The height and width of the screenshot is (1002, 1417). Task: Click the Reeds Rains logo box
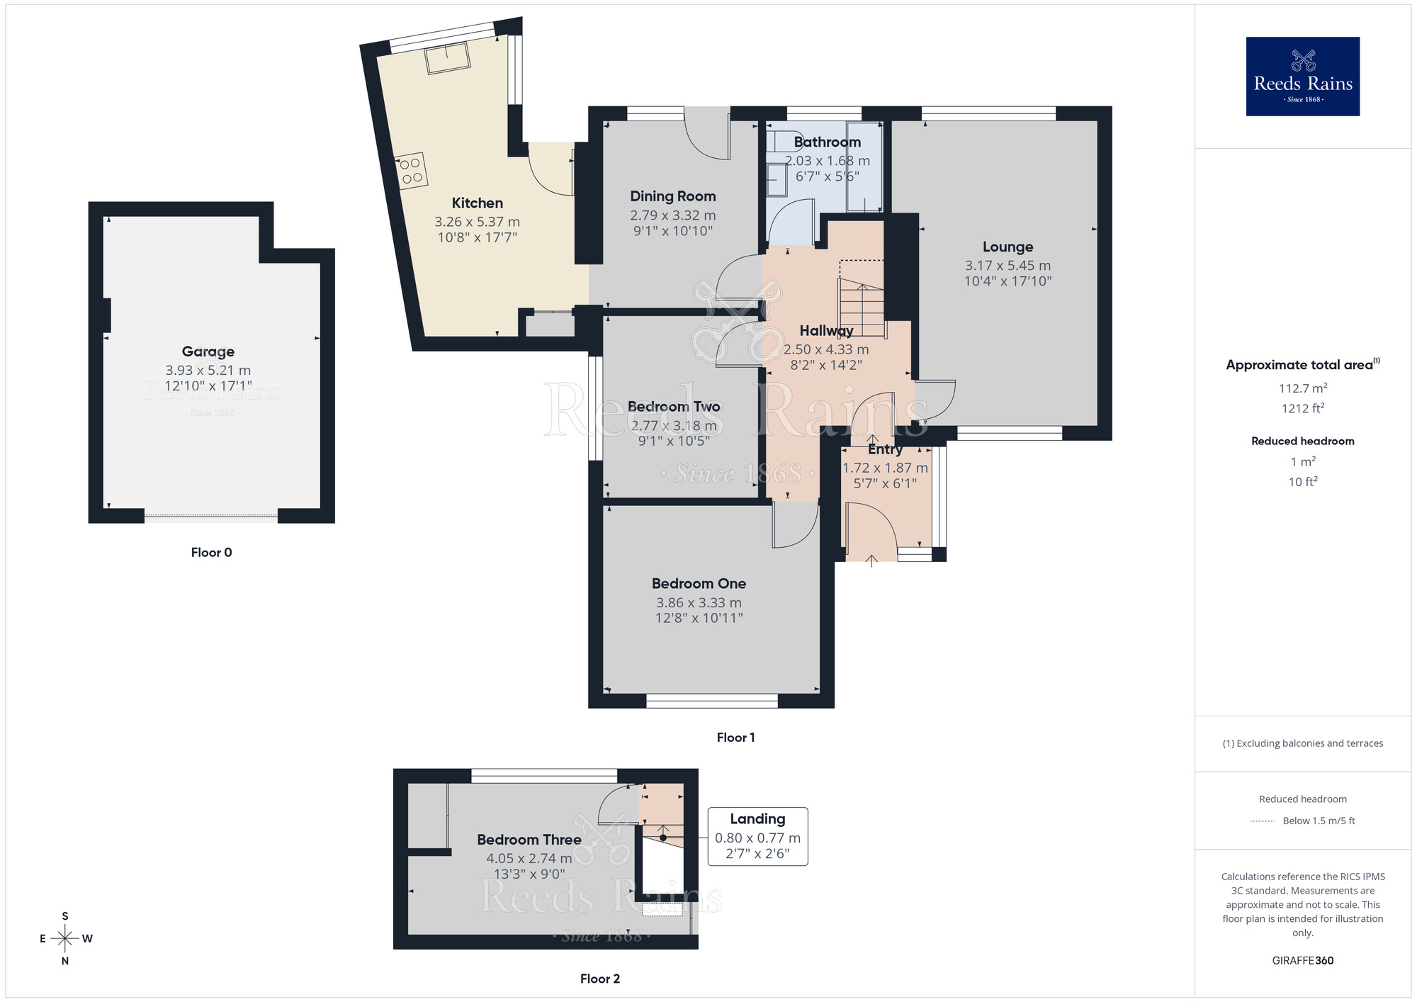click(1302, 77)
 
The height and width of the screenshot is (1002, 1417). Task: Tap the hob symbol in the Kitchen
click(412, 171)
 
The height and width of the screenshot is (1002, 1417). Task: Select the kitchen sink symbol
click(448, 58)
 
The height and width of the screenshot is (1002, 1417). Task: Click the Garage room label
click(208, 351)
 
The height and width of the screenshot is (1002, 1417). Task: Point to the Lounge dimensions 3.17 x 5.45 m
click(1007, 266)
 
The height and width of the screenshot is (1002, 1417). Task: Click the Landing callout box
click(757, 836)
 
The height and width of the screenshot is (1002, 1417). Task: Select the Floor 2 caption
click(599, 979)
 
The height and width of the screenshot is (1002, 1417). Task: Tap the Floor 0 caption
click(211, 553)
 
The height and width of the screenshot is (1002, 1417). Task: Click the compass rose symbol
click(65, 939)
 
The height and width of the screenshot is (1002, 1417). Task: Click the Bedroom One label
click(699, 584)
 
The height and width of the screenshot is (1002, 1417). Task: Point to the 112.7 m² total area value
click(1302, 388)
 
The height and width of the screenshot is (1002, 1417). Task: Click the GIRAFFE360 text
click(1302, 961)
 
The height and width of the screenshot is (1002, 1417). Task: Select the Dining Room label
click(672, 196)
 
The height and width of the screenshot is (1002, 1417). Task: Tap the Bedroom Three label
click(529, 840)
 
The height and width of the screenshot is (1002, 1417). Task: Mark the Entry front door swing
click(870, 528)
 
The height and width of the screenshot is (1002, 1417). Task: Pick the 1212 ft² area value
click(1302, 408)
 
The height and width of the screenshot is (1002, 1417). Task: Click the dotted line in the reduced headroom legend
click(1263, 821)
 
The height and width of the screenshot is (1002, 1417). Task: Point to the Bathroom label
click(827, 142)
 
